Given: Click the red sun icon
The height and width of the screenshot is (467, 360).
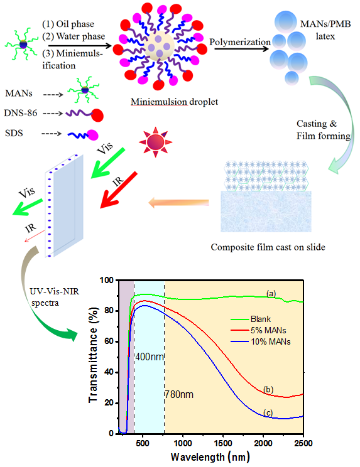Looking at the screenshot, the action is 156,142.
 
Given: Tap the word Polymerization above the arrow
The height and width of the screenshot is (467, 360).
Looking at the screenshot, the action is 240,42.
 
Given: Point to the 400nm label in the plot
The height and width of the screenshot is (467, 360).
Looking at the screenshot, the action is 150,357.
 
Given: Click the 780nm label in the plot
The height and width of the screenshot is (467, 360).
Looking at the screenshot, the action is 180,394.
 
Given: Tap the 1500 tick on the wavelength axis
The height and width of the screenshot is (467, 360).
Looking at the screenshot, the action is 223,443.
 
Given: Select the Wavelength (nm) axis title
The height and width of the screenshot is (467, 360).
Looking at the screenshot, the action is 210,456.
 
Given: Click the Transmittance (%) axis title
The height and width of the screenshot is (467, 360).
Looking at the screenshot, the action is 93,355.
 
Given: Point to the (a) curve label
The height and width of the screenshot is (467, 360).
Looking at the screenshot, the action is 271,294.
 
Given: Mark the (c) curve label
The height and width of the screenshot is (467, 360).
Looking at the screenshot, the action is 268,413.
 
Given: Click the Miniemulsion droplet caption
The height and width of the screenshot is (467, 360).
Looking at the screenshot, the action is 175,102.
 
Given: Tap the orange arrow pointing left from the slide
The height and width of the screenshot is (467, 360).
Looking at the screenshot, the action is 178,203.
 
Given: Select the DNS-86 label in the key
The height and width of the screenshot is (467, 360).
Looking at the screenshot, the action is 21,113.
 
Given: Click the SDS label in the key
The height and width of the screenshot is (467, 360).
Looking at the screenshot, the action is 14,133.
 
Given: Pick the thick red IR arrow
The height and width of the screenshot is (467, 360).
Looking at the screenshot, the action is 119,190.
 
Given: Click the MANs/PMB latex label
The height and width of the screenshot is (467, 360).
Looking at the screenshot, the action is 325,30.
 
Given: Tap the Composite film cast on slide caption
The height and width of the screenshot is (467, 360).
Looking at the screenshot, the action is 268,247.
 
